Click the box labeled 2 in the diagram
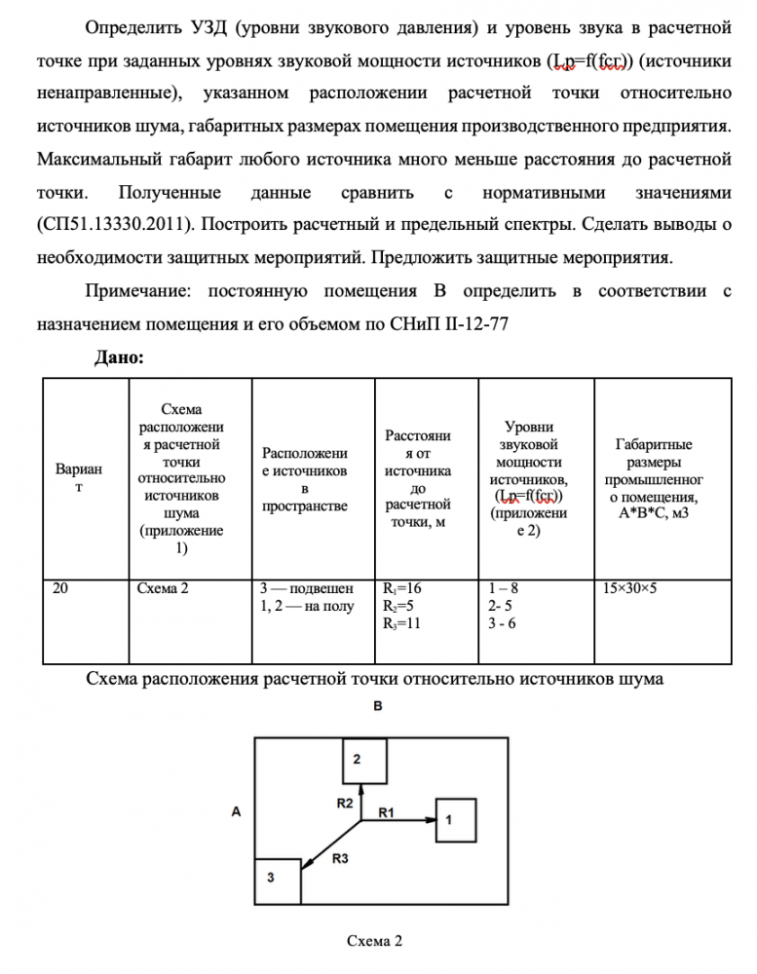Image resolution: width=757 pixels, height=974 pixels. pos(365,760)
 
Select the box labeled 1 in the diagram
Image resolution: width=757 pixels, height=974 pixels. pos(454,822)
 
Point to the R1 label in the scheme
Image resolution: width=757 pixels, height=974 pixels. pos(386,810)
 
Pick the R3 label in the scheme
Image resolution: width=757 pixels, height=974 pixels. pos(340,858)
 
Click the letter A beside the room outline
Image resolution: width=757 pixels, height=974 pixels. pos(237,810)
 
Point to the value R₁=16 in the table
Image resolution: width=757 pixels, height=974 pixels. pos(404,587)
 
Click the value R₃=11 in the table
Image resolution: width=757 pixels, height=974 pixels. pos(404,623)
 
